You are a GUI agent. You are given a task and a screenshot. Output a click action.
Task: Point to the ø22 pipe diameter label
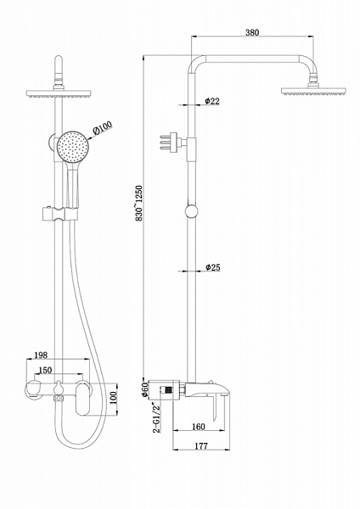coord(213,101)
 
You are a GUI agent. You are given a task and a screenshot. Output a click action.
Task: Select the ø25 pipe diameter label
coord(213,267)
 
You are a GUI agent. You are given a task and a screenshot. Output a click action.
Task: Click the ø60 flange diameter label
coord(143,391)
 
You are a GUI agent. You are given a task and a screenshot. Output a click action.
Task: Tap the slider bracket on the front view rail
coord(61,210)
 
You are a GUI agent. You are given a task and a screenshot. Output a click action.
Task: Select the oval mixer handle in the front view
coord(86,403)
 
